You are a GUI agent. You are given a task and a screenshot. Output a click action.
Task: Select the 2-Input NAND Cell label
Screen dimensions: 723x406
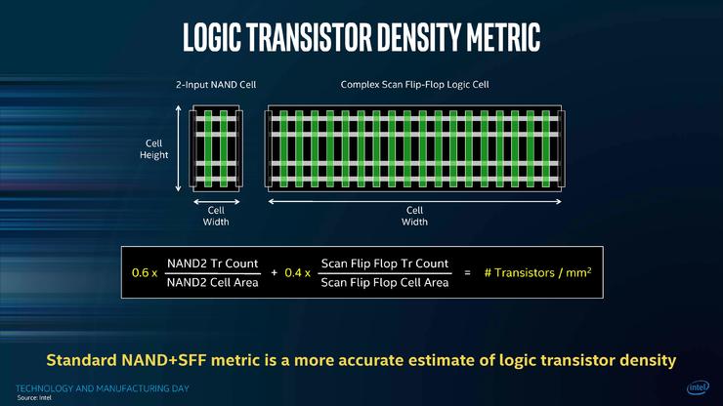coord(216,85)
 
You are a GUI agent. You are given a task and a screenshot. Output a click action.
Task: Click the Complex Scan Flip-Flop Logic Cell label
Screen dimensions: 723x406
coord(414,85)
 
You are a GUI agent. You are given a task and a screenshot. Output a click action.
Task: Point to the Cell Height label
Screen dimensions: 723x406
coord(154,149)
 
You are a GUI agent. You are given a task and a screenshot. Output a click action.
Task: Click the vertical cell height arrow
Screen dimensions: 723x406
coord(179,148)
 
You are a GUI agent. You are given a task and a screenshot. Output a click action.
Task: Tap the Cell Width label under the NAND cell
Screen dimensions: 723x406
coord(216,216)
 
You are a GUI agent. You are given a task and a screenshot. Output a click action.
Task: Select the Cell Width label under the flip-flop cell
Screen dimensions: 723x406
coord(414,216)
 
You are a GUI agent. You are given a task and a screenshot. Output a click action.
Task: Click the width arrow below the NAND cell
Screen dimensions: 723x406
coord(216,201)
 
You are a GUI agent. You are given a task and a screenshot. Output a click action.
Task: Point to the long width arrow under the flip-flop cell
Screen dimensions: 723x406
coord(414,201)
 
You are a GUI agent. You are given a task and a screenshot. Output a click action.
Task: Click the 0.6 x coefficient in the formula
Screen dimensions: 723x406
coord(145,273)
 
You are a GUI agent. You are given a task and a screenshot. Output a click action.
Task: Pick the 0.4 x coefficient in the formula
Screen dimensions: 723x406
coord(297,273)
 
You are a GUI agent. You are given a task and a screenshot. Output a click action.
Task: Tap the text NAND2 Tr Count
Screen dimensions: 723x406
coord(213,264)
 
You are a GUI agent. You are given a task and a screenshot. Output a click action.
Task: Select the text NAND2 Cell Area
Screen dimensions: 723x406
coord(213,282)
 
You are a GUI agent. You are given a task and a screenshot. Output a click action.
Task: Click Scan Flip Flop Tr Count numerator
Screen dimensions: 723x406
coord(385,264)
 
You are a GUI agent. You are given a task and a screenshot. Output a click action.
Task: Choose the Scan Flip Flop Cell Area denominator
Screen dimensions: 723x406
coord(385,282)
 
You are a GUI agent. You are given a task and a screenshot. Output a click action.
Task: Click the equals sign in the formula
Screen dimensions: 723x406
coord(468,273)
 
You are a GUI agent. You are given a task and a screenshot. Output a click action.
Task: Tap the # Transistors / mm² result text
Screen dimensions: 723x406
coord(537,273)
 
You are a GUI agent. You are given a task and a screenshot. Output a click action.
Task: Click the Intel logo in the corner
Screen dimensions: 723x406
coord(699,387)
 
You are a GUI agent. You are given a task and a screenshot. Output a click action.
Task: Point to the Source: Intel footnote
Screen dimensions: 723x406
coord(34,398)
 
